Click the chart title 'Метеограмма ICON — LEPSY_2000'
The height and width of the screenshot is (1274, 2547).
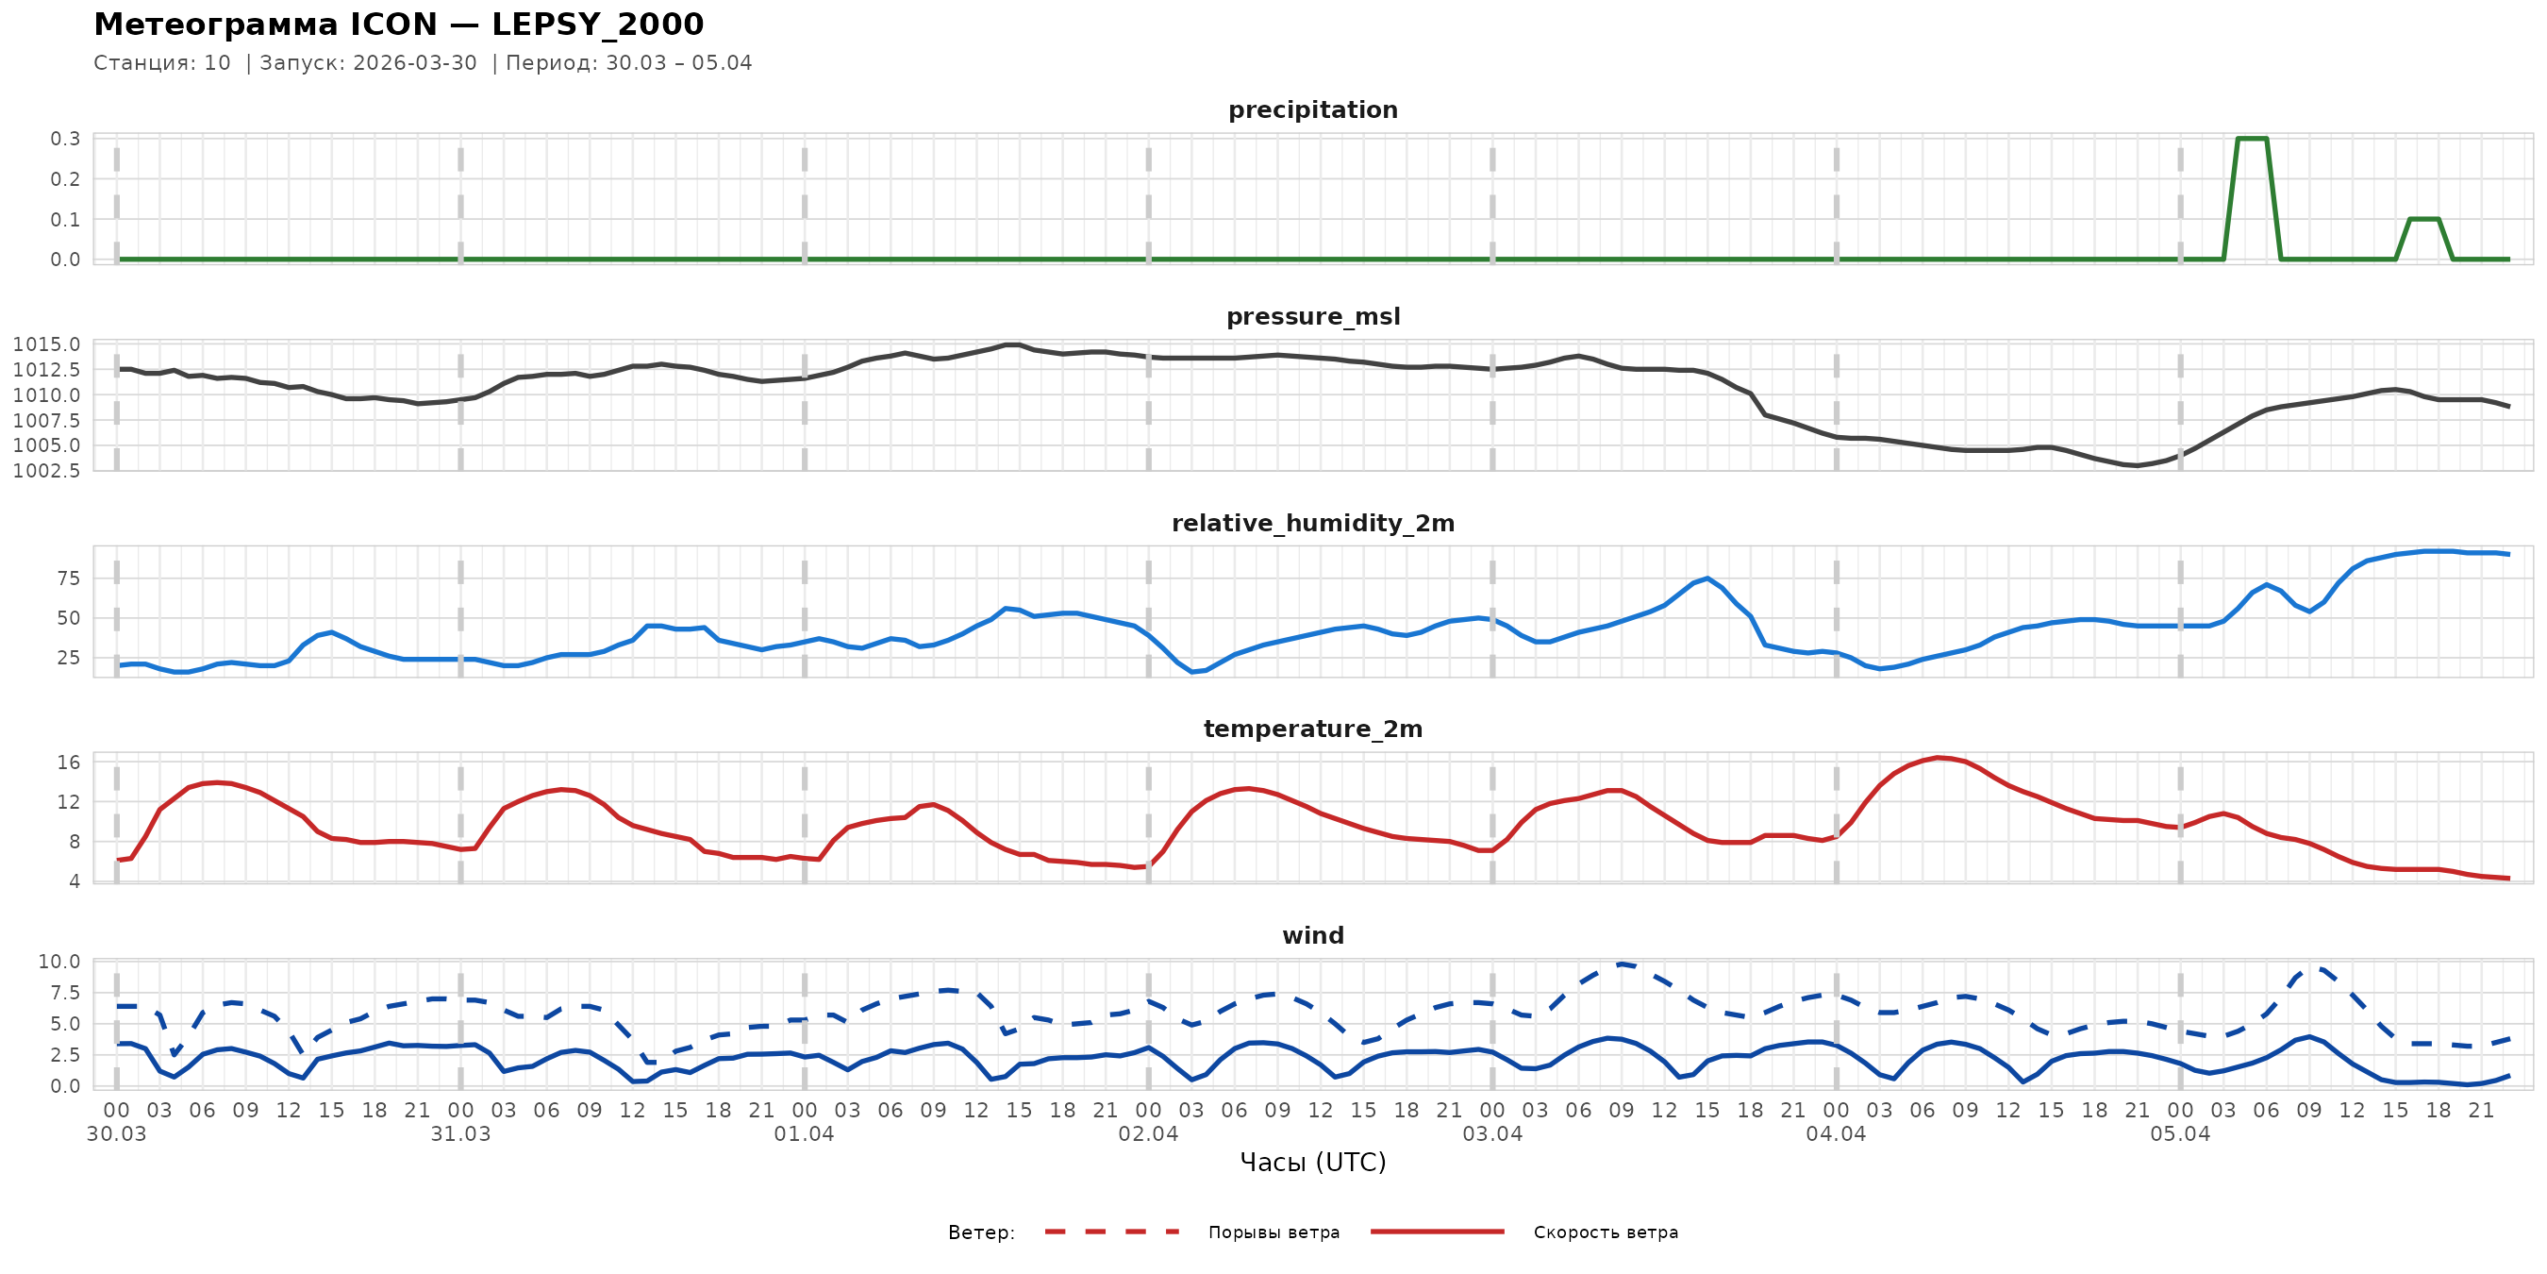398,24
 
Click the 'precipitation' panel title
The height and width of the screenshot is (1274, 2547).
1312,109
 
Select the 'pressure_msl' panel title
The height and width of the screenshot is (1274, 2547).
1312,316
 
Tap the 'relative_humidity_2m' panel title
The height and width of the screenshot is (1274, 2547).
1312,523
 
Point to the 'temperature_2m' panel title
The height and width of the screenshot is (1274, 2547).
1312,729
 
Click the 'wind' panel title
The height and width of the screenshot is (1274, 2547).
1312,936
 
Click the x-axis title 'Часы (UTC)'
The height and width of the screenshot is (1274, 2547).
1312,1163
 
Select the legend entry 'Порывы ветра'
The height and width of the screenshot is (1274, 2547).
1273,1232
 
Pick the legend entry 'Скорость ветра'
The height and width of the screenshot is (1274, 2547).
1605,1232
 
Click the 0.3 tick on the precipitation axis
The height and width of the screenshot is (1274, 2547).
65,139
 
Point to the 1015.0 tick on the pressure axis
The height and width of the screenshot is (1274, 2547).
46,344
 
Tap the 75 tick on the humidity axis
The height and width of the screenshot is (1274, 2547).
68,578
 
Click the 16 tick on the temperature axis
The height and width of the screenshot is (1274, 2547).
68,763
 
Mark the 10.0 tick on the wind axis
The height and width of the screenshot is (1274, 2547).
59,962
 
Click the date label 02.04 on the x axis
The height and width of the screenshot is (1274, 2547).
1148,1134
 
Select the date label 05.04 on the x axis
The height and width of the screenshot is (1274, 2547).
2179,1134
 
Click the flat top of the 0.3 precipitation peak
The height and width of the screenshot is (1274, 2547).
2252,139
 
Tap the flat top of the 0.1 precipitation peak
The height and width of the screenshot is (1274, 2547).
2424,219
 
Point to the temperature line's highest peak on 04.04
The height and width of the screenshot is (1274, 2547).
1938,758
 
